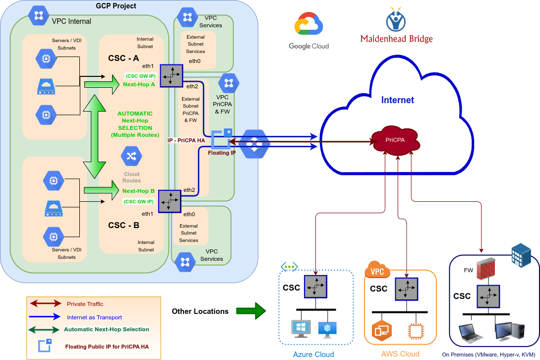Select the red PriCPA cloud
coord(396,139)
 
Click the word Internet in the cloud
coord(397,100)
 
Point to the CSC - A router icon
coord(171,75)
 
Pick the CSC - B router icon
coord(170,201)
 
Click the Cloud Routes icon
coord(131,156)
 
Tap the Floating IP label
coord(222,153)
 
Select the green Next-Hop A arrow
coord(102,84)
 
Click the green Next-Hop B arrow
coord(102,190)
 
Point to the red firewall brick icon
coord(486,268)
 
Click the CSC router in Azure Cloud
coord(315,287)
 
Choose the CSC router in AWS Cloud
coord(407,289)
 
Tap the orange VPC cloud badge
coord(377,270)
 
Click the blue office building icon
coord(521,255)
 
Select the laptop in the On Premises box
coord(471,333)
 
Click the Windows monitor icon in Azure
coord(300,329)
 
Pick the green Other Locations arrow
coord(251,311)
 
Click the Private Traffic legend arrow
coord(46,303)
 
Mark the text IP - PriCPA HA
coord(186,140)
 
